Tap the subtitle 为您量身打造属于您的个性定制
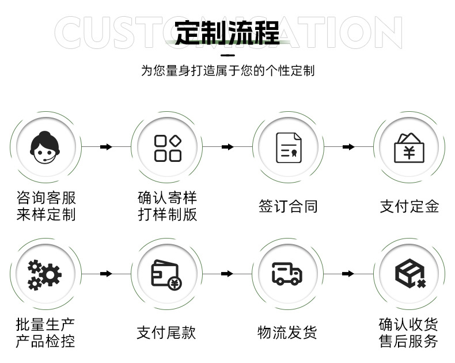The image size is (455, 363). pos(227,71)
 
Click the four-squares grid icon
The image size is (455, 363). pos(168,148)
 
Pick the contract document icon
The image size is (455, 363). pos(289,148)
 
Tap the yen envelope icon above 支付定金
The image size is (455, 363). pos(409,148)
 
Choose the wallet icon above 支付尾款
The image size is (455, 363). pos(166,274)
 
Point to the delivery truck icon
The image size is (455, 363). pos(287,274)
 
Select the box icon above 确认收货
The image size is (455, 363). pos(409,274)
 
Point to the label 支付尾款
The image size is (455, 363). pos(166,332)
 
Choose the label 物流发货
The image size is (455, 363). pos(287,332)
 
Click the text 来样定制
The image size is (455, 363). pos(46,215)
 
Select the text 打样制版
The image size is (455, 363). pos(168,215)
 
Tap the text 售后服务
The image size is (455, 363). pos(409,341)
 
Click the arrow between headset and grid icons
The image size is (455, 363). pos(106,148)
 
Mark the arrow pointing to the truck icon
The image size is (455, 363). pos(227,274)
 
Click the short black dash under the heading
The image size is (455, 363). pos(227,55)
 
